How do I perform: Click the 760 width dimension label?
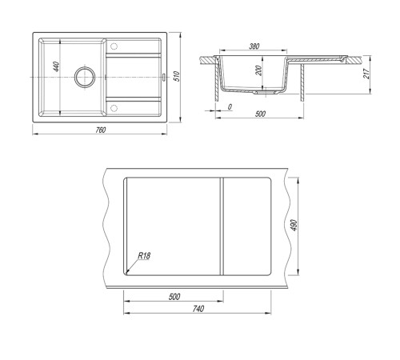click(101, 130)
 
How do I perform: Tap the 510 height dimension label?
click(177, 76)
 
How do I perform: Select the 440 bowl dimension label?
click(57, 66)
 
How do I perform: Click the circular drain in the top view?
click(85, 77)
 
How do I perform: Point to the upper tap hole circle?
click(114, 46)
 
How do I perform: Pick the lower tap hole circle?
click(114, 108)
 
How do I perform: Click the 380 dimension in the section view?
click(254, 46)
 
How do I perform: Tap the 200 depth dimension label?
click(259, 70)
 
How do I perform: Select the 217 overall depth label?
click(367, 74)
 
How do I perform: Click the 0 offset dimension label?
click(230, 107)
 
